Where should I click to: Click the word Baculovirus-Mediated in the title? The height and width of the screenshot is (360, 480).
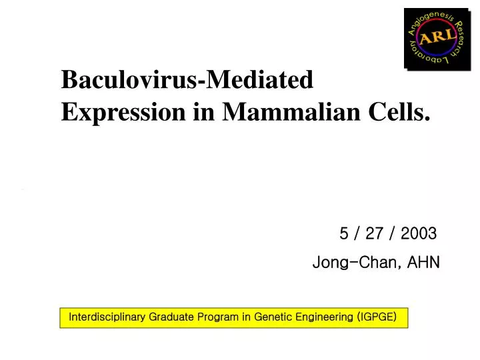pos(187,80)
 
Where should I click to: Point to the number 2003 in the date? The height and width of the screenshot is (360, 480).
pos(419,233)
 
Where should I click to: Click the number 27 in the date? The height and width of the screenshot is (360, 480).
pos(375,233)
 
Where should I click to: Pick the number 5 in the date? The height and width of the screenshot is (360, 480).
pos(344,233)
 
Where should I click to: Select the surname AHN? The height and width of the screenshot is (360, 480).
pos(424,263)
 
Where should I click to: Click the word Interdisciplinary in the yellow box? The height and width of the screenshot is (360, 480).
pos(107,317)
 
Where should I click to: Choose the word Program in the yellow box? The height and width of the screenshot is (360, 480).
pos(220,317)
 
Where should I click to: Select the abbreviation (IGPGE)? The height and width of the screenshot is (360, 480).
pos(377,317)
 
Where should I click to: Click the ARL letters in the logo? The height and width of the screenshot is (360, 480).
pos(437,37)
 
